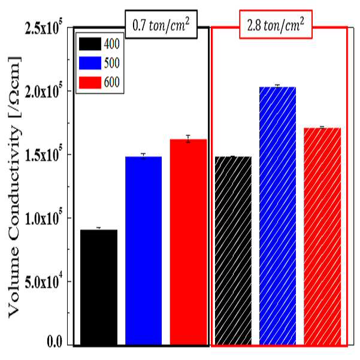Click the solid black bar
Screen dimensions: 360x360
pyautogui.click(x=99, y=287)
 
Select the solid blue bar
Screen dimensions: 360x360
pyautogui.click(x=144, y=250)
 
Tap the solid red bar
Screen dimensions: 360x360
pyautogui.click(x=188, y=242)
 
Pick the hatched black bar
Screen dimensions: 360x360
pyautogui.click(x=233, y=250)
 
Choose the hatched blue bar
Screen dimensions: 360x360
pyautogui.click(x=277, y=216)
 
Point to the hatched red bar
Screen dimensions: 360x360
pyautogui.click(x=322, y=236)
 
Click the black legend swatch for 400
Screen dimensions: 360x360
pyautogui.click(x=90, y=44)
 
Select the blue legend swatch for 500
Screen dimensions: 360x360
pyautogui.click(x=90, y=63)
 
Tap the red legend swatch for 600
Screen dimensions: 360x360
pyautogui.click(x=90, y=83)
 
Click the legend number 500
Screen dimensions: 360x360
pyautogui.click(x=112, y=63)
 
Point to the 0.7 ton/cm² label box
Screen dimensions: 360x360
pyautogui.click(x=161, y=25)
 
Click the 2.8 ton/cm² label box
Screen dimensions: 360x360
pyautogui.click(x=276, y=25)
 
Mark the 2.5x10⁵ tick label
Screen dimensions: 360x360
pyautogui.click(x=43, y=29)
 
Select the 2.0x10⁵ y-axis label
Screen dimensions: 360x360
pyautogui.click(x=43, y=92)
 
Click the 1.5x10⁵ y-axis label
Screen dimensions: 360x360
pyautogui.click(x=43, y=155)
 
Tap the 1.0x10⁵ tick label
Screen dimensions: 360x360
pyautogui.click(x=43, y=219)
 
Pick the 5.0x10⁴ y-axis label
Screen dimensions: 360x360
pyautogui.click(x=43, y=282)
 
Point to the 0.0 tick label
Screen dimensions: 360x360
pyautogui.click(x=55, y=342)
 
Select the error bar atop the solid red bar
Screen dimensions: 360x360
pyautogui.click(x=188, y=139)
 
